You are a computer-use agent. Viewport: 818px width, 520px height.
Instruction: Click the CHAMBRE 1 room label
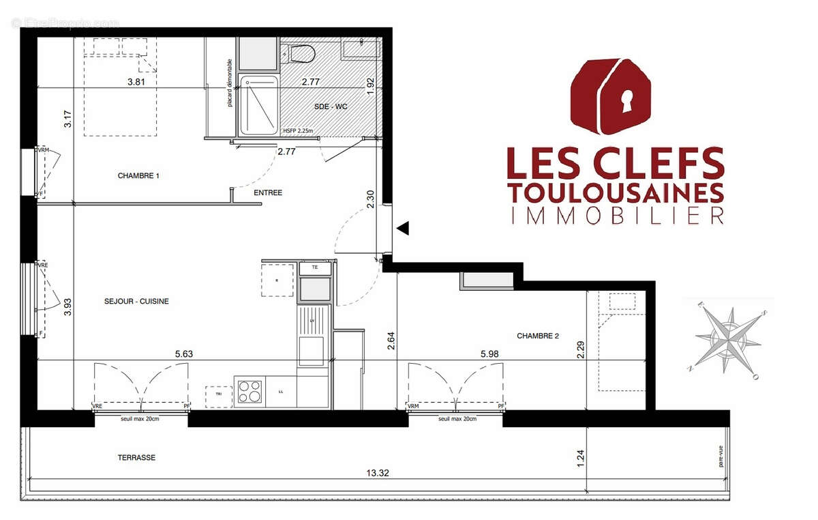click(x=138, y=175)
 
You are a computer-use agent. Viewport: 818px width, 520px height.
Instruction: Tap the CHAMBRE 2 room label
click(x=538, y=336)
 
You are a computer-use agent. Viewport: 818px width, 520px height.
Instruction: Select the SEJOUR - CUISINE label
click(x=136, y=301)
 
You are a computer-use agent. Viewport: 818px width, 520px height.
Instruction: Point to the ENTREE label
click(x=268, y=192)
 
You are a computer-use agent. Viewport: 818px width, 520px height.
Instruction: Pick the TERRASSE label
click(x=136, y=457)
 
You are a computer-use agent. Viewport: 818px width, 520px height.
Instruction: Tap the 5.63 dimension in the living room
click(x=185, y=353)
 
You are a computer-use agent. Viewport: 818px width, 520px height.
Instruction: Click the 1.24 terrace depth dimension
click(x=581, y=457)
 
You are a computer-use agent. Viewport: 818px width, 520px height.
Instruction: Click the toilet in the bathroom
click(x=301, y=53)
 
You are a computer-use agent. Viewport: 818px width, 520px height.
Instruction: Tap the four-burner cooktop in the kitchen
click(x=249, y=391)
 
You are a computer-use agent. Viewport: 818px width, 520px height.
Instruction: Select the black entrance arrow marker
click(x=402, y=229)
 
